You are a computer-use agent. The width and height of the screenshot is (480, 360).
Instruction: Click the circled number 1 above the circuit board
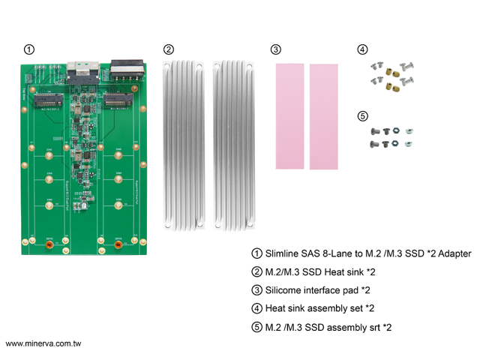(x=28, y=49)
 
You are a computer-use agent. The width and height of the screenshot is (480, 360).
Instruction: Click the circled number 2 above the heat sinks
(x=168, y=49)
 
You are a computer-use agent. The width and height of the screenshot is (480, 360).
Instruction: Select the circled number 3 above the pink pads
(x=276, y=49)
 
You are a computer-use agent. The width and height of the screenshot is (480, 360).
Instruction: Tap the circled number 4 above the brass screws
(x=363, y=49)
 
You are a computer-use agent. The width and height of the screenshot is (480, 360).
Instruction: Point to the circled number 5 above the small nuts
(x=363, y=116)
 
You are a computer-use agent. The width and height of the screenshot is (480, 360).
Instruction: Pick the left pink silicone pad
(x=290, y=115)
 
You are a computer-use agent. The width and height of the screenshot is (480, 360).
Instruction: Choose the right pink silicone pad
(x=324, y=115)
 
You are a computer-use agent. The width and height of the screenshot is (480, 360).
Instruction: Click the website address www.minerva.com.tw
(x=43, y=343)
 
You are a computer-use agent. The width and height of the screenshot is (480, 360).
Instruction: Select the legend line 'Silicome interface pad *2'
(x=318, y=290)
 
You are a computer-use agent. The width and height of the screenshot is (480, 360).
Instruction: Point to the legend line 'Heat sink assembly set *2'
(x=319, y=308)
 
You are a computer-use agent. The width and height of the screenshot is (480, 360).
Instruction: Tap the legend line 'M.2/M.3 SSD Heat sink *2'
(x=318, y=271)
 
